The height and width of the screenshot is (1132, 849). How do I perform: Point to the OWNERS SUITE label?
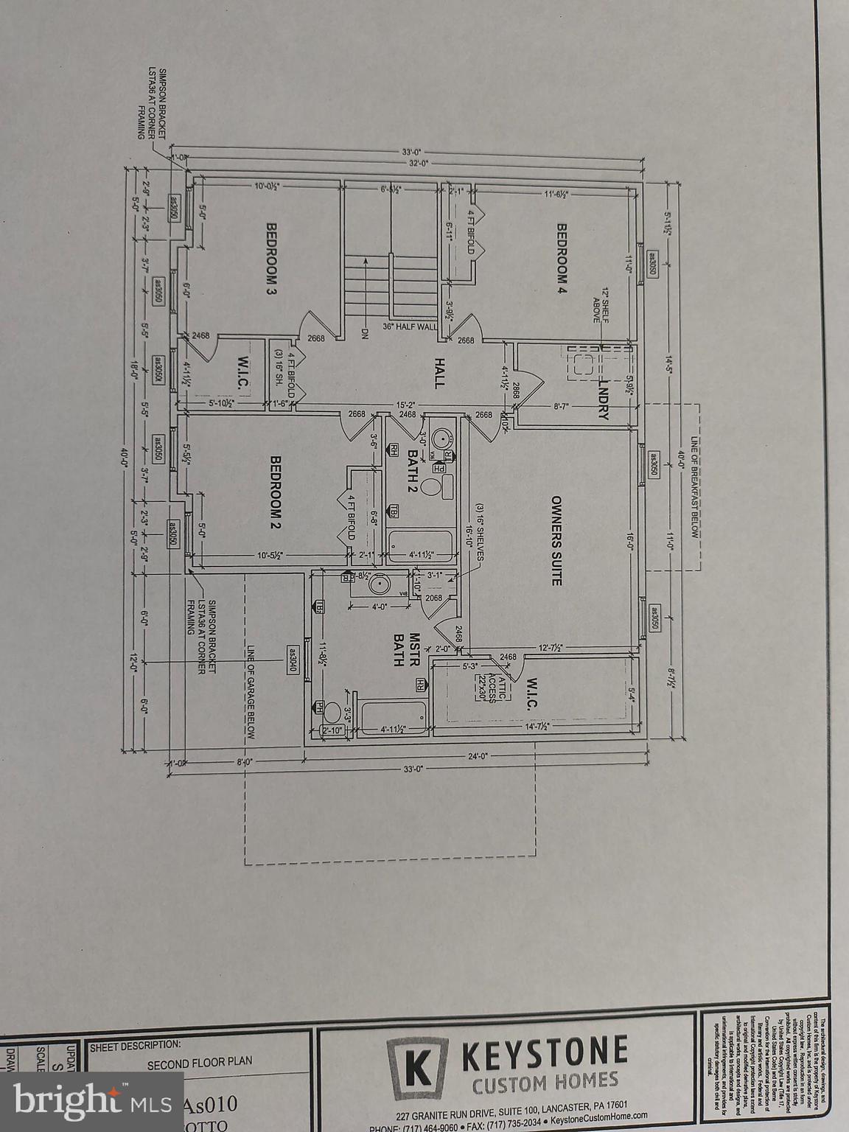[x=558, y=540]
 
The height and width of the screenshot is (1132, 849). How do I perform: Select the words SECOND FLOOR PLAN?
[x=200, y=1063]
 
